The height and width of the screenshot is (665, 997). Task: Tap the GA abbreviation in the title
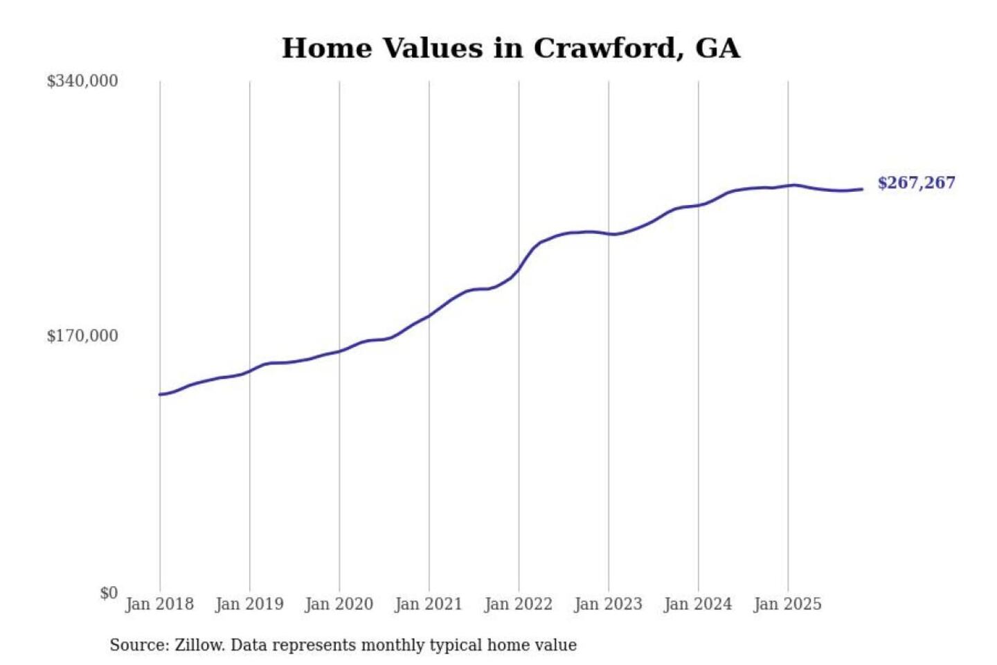tap(717, 48)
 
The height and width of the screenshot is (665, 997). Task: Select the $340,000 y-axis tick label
tap(82, 81)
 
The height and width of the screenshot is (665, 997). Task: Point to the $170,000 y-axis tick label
tap(82, 336)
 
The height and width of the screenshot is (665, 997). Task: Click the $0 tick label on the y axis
tap(109, 593)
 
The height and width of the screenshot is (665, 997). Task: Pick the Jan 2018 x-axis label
tap(159, 604)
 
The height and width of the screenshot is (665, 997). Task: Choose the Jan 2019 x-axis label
tap(249, 604)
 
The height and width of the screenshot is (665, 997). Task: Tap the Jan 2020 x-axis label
tap(339, 604)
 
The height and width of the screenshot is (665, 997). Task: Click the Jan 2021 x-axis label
tap(429, 604)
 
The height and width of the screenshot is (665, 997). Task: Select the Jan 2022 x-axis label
tap(519, 604)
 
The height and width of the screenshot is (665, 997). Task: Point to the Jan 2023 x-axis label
tap(608, 604)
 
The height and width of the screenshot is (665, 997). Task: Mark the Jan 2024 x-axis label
tap(698, 604)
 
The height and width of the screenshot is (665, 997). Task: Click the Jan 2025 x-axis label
tap(787, 604)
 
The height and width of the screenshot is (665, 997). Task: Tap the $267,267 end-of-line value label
tap(916, 183)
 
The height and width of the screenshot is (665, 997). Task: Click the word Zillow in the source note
tap(199, 646)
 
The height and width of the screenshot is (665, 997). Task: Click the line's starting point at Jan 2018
tap(160, 394)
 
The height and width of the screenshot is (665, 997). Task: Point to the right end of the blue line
tap(862, 189)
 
